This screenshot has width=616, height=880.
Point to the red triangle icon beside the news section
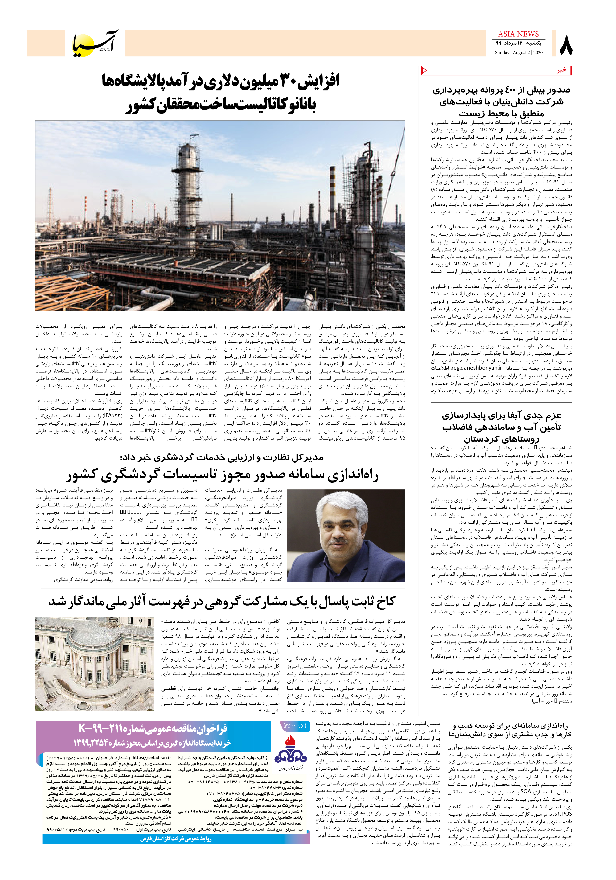click(424, 70)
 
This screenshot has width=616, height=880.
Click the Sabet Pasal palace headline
click(221, 601)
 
